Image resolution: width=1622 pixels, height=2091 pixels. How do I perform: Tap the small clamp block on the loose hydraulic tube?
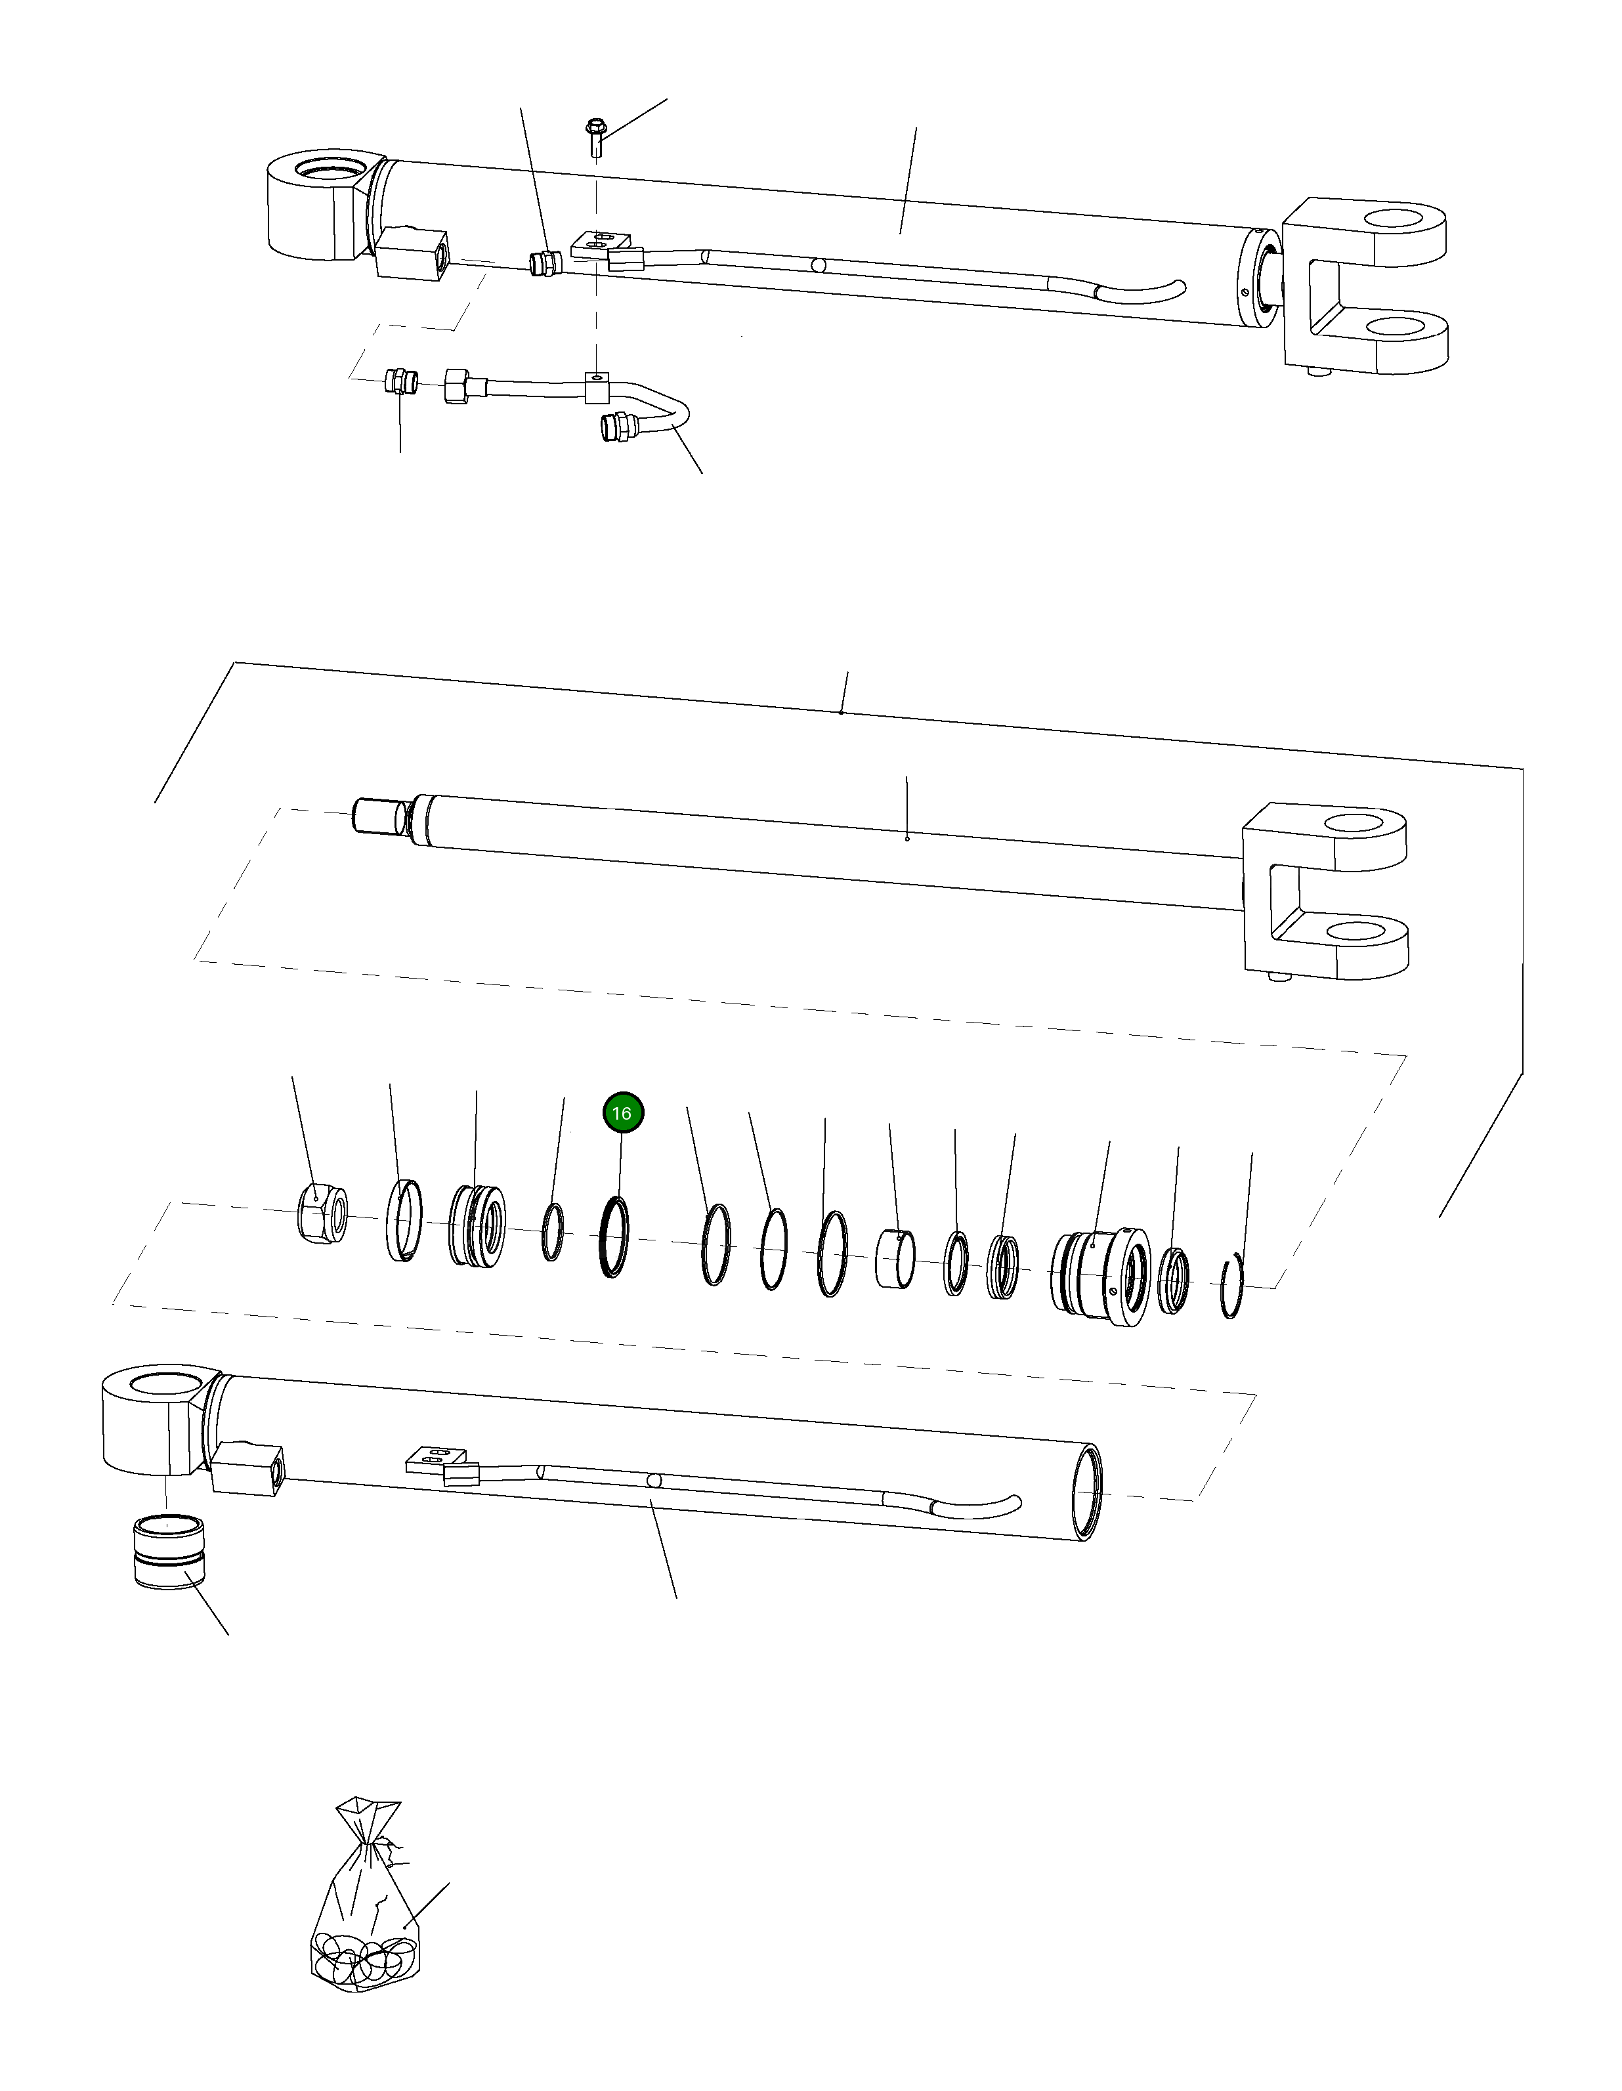click(x=597, y=388)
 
